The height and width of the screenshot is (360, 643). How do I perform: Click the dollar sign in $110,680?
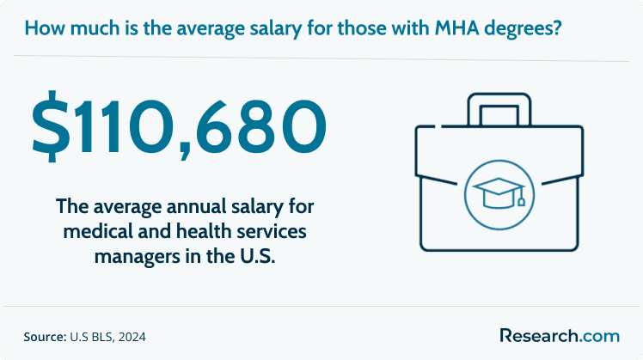click(x=51, y=126)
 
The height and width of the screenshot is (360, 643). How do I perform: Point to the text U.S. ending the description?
click(x=257, y=256)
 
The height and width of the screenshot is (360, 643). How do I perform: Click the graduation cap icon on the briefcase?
click(x=499, y=192)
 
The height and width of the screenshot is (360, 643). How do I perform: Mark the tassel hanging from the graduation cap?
click(x=522, y=198)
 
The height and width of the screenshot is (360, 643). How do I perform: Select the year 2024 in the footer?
click(x=132, y=337)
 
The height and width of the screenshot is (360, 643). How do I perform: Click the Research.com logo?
click(x=560, y=336)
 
